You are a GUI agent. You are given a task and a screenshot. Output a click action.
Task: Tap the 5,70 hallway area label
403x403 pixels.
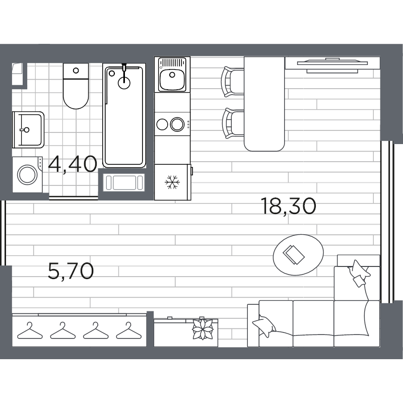pyautogui.click(x=71, y=272)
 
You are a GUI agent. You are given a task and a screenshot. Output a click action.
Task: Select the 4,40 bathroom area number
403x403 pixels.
pyautogui.click(x=73, y=164)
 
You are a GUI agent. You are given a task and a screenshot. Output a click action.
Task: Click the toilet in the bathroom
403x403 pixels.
pyautogui.click(x=76, y=87)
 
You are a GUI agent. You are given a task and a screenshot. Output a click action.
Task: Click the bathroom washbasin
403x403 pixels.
pyautogui.click(x=28, y=129)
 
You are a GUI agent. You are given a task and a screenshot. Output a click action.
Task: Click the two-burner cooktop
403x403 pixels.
pyautogui.click(x=171, y=124)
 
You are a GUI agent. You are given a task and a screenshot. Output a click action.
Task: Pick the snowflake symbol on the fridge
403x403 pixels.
pyautogui.click(x=173, y=182)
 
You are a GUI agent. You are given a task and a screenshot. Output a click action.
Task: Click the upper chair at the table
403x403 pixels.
pyautogui.click(x=232, y=81)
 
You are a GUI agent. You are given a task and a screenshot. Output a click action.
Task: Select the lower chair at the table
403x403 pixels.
pyautogui.click(x=232, y=123)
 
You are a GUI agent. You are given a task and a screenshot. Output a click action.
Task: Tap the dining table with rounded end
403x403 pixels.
pyautogui.click(x=264, y=103)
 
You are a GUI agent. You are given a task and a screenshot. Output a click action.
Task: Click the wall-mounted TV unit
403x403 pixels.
pyautogui.click(x=332, y=64)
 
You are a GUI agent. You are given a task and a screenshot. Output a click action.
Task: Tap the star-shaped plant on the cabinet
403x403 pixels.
pyautogui.click(x=204, y=330)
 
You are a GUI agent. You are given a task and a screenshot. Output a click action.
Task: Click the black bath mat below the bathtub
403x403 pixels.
pyautogui.click(x=124, y=182)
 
